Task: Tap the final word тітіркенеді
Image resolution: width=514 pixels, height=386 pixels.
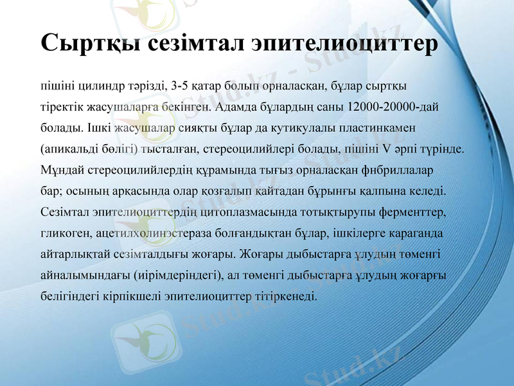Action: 289,297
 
